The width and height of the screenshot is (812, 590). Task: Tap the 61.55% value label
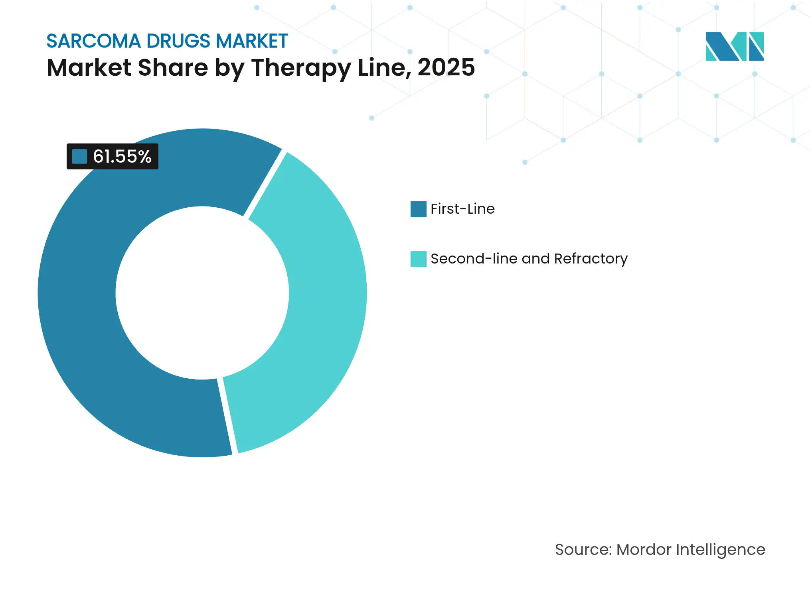coord(122,156)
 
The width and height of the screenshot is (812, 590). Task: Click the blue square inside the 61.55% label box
coord(79,156)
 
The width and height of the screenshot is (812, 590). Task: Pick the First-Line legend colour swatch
coord(418,209)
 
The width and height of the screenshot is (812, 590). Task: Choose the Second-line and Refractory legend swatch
coord(418,259)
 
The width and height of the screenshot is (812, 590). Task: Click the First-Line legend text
coord(462,209)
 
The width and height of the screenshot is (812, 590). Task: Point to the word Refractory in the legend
coord(591,259)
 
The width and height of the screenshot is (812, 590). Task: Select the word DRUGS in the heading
coord(178,41)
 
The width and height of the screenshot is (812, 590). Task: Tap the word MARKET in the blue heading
coord(252,41)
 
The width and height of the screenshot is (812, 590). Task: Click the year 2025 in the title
coord(446,67)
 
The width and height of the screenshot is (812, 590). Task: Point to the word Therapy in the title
coord(301,68)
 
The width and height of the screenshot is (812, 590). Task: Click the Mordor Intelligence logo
coord(734,47)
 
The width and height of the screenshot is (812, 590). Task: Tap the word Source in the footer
coord(583,549)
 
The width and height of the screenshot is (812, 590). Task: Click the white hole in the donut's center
coord(202,293)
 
